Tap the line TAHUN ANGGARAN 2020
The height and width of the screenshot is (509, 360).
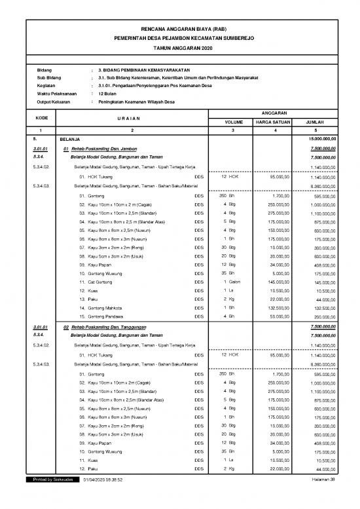pyautogui.click(x=179, y=48)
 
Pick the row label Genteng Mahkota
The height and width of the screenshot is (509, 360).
pyautogui.click(x=99, y=307)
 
